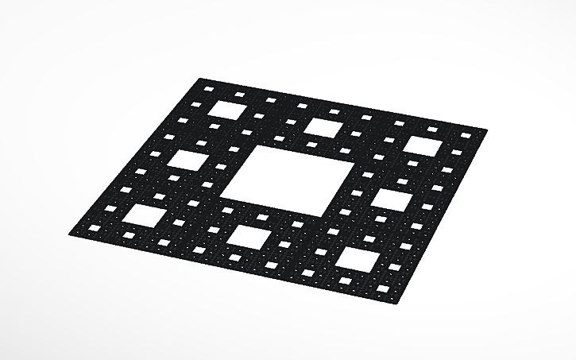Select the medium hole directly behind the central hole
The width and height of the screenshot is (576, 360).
(322, 127)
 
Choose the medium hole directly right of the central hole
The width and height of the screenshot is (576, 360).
(391, 199)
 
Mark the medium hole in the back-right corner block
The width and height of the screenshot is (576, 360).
(424, 146)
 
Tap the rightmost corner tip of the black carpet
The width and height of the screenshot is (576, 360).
(486, 128)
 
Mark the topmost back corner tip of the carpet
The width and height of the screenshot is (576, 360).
(199, 78)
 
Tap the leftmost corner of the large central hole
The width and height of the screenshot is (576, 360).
(219, 197)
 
